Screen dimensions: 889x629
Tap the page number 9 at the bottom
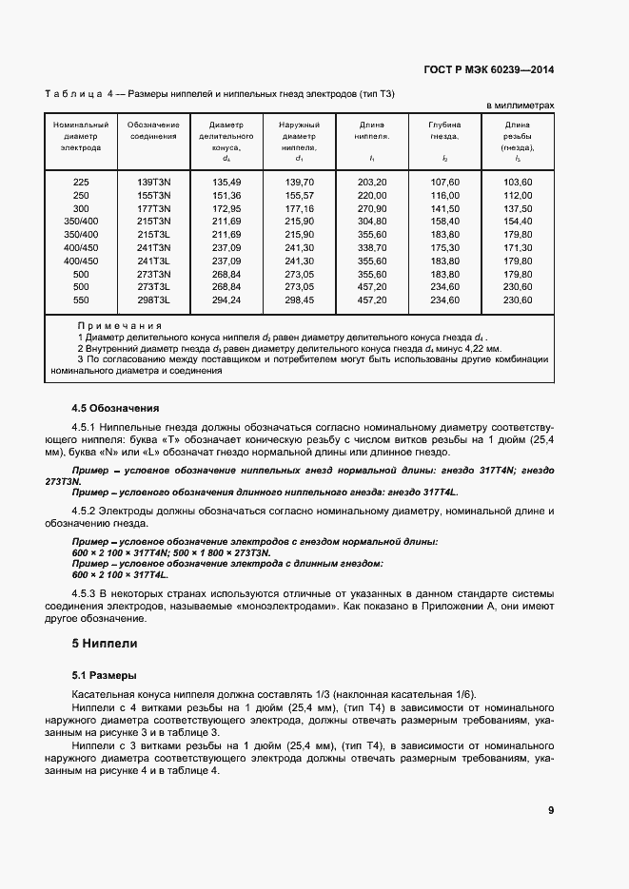(x=551, y=810)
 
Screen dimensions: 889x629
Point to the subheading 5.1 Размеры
(x=106, y=675)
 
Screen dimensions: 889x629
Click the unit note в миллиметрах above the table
(x=521, y=106)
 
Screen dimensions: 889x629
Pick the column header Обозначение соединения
(x=153, y=130)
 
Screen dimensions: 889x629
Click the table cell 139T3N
(x=153, y=182)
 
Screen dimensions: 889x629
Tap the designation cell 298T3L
(x=153, y=300)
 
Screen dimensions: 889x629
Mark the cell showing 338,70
(x=372, y=247)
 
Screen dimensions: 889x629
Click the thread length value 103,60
(x=518, y=182)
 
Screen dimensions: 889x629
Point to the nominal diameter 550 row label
(x=81, y=300)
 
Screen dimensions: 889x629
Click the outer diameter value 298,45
(x=299, y=300)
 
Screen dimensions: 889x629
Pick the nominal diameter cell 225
(x=81, y=182)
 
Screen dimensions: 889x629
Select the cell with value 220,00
(x=372, y=195)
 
